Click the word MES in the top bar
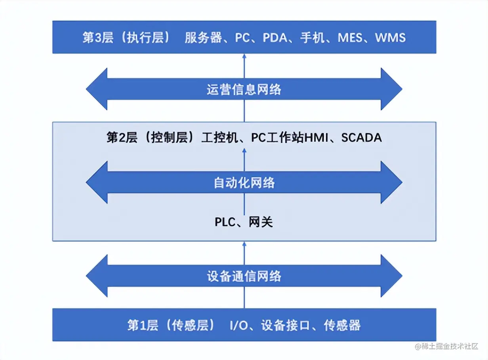coord(350,38)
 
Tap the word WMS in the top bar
coord(390,38)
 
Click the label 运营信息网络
coord(244,89)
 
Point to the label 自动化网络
coord(244,183)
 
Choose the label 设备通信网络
coord(244,276)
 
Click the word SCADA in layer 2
coord(361,138)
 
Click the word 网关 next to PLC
coord(261,222)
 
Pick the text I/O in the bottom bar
coord(238,326)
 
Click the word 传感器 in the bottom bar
coord(342,326)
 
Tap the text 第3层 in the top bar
coord(98,38)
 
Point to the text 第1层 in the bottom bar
coord(143,326)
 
